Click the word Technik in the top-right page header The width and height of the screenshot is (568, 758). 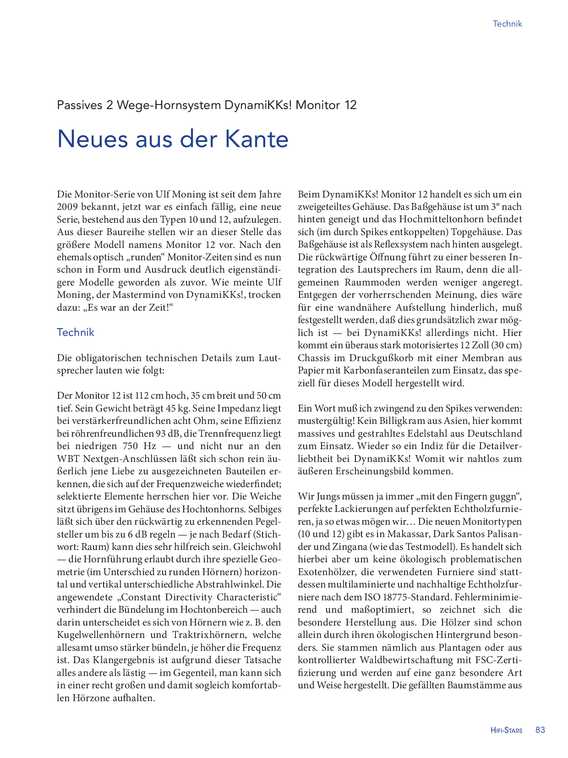pyautogui.click(x=507, y=24)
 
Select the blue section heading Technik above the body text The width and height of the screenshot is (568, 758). pyautogui.click(x=75, y=332)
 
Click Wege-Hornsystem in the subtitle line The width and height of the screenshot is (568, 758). pyautogui.click(x=169, y=105)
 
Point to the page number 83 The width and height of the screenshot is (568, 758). pyautogui.click(x=540, y=730)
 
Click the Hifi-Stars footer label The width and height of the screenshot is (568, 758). pyautogui.click(x=506, y=731)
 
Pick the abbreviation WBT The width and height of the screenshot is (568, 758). pyautogui.click(x=68, y=459)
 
